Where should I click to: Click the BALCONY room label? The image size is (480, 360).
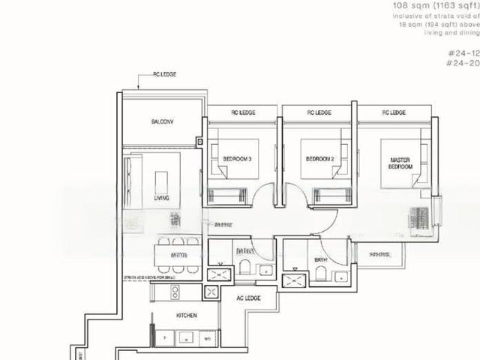pyautogui.click(x=162, y=121)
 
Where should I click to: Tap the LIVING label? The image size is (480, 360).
pyautogui.click(x=161, y=198)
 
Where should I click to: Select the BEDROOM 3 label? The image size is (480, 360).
pyautogui.click(x=237, y=159)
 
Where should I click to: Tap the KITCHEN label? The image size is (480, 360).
pyautogui.click(x=186, y=316)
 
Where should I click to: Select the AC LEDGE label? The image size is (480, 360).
pyautogui.click(x=248, y=298)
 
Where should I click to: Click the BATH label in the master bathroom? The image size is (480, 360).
pyautogui.click(x=321, y=261)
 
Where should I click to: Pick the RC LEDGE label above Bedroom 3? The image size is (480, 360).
pyautogui.click(x=244, y=112)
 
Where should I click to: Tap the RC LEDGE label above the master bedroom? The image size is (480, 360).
pyautogui.click(x=394, y=112)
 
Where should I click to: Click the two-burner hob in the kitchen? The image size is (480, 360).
pyautogui.click(x=175, y=292)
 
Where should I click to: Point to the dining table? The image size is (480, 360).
pyautogui.click(x=178, y=255)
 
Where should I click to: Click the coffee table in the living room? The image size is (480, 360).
pyautogui.click(x=161, y=182)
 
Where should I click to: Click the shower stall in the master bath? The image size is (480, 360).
pyautogui.click(x=292, y=281)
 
